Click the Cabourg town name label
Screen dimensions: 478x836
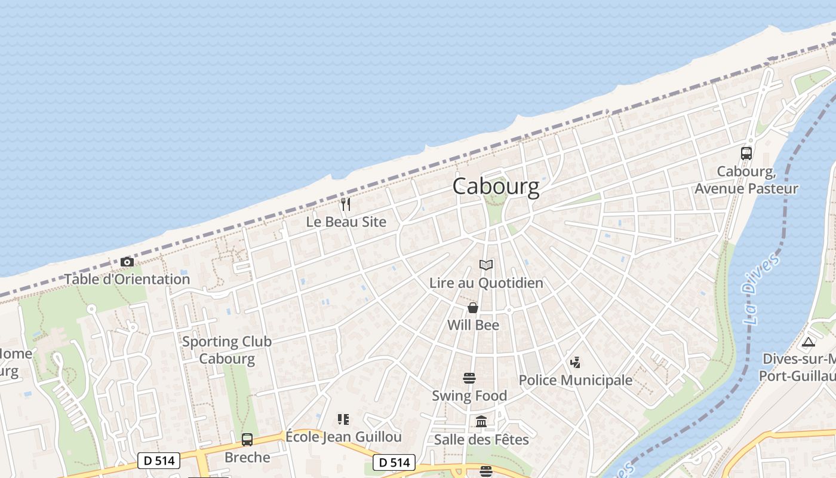[496, 186]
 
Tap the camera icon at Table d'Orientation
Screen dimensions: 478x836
[127, 262]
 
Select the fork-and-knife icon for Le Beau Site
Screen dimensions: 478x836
[346, 204]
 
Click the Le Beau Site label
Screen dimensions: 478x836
[346, 222]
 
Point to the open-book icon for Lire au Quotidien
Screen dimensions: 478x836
[487, 265]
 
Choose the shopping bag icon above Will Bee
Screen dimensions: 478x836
[473, 308]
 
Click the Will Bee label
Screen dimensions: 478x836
[474, 325]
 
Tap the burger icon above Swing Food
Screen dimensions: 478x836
[469, 378]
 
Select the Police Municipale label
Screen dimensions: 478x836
[575, 380]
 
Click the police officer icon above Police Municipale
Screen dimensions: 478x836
[575, 362]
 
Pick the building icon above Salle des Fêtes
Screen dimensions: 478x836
[481, 422]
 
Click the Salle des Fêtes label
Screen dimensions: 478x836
[481, 440]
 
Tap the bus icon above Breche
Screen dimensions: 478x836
[247, 440]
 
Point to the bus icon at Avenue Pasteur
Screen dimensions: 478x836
[746, 154]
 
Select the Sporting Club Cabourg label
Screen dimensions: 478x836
[227, 350]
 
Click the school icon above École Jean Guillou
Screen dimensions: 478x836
[343, 419]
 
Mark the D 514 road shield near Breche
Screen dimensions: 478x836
[159, 461]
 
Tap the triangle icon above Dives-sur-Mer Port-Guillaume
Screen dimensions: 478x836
[809, 342]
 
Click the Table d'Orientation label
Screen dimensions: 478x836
[127, 279]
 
